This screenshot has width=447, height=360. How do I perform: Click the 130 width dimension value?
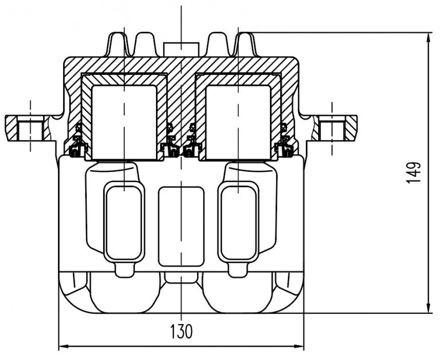pos(181,331)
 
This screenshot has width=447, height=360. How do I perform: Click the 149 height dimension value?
pos(413,173)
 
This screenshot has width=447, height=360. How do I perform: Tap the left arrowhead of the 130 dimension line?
pos(63,347)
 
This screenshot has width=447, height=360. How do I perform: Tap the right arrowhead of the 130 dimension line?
pos(299,347)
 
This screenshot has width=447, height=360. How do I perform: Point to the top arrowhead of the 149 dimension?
pos(429,38)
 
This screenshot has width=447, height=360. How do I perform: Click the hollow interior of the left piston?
pos(124,122)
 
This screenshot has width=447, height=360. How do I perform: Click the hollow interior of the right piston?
pos(238,122)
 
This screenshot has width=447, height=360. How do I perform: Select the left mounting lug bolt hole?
pos(30,131)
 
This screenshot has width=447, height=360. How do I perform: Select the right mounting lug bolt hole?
pos(332,131)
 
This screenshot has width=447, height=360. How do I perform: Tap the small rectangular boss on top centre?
pos(181,49)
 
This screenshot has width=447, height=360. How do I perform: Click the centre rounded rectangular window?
pos(181,226)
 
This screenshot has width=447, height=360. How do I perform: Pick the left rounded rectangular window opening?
pos(124,223)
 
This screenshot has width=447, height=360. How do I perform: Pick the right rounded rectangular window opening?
pos(238,223)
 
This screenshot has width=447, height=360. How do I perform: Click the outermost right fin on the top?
pos(246,44)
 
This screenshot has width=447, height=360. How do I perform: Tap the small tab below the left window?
pos(124,269)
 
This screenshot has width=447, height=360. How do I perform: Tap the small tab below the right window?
pos(238,269)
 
